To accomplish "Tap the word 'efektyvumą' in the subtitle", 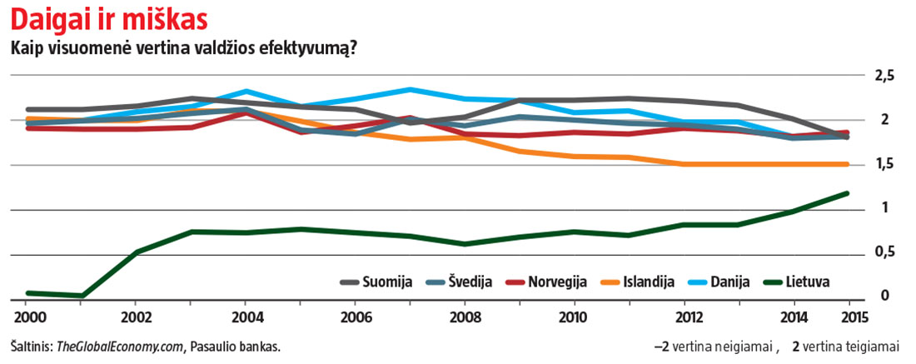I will (x=315, y=49).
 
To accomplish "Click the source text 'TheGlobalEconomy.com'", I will (x=119, y=346).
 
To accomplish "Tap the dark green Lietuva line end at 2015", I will (x=848, y=193).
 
